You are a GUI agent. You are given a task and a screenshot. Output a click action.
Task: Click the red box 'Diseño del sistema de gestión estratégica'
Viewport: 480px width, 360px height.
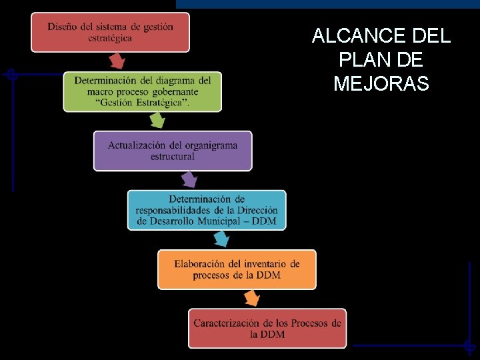pyautogui.click(x=110, y=32)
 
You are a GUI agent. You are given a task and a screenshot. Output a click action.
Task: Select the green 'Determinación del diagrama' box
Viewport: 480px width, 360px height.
pyautogui.click(x=142, y=91)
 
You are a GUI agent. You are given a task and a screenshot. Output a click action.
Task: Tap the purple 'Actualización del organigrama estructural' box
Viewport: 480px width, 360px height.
pyautogui.click(x=173, y=151)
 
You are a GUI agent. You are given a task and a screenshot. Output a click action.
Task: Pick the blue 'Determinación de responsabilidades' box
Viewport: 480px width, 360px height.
pyautogui.click(x=207, y=210)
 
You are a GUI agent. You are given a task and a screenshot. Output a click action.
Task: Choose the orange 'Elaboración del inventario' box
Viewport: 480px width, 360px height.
pyautogui.click(x=237, y=269)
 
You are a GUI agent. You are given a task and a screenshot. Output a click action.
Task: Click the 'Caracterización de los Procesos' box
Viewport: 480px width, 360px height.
pyautogui.click(x=267, y=328)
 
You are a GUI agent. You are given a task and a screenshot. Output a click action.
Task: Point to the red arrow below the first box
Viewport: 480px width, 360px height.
pyautogui.click(x=117, y=61)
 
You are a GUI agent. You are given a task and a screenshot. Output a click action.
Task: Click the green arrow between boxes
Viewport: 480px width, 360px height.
pyautogui.click(x=157, y=121)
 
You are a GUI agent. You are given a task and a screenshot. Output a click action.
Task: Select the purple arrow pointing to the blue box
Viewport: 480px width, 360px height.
pyautogui.click(x=189, y=179)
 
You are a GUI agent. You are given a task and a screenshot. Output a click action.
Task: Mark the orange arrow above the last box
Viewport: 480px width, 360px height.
pyautogui.click(x=251, y=298)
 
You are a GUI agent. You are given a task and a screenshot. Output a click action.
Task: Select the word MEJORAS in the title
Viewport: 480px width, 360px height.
pyautogui.click(x=381, y=85)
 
